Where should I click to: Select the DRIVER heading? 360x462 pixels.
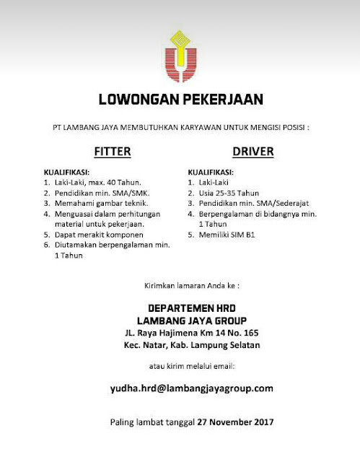[250, 152]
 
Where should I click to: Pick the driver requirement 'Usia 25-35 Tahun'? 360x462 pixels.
[228, 193]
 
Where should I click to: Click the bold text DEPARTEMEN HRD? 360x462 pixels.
[180, 308]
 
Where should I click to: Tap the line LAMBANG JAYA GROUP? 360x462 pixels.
[180, 321]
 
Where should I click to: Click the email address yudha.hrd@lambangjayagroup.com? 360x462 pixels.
[180, 388]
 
